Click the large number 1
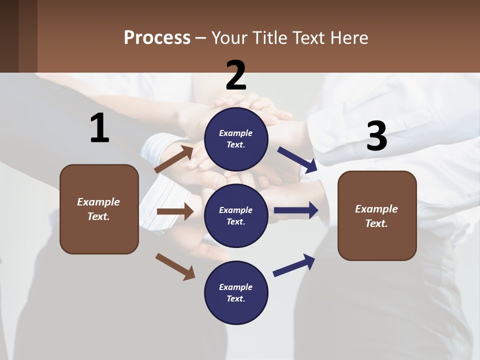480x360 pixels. [x=99, y=128]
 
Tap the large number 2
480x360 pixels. [x=236, y=75]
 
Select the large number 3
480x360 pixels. [x=376, y=136]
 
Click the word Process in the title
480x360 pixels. [x=157, y=37]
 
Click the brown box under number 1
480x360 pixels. [x=99, y=209]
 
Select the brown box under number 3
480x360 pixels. [x=377, y=215]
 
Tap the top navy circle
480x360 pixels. [x=236, y=139]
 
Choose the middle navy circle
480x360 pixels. [x=236, y=215]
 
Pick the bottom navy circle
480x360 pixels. [x=236, y=292]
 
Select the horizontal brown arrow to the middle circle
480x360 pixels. [x=175, y=211]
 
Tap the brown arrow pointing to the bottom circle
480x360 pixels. [x=175, y=266]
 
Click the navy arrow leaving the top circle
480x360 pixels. [x=297, y=160]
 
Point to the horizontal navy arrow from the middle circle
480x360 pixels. [x=296, y=210]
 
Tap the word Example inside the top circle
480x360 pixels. [x=235, y=133]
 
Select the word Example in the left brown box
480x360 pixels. [x=98, y=202]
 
